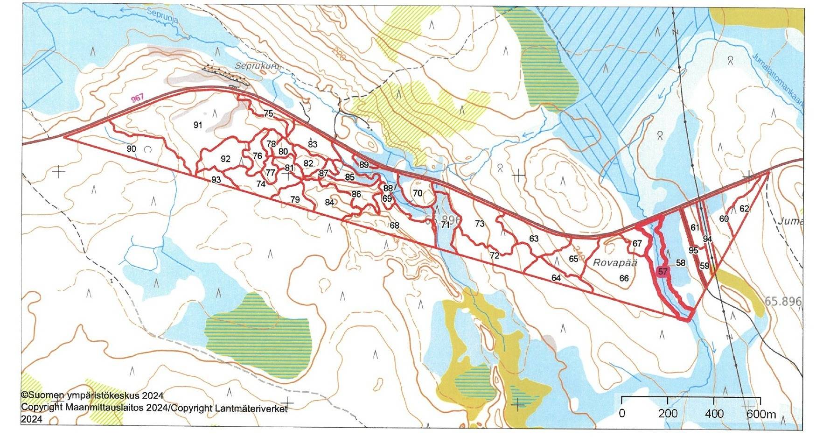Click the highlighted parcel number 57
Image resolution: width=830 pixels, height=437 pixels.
click(663, 271)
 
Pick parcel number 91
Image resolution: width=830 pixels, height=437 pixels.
click(198, 125)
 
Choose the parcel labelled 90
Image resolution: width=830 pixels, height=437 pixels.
click(132, 148)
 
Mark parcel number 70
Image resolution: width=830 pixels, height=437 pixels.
click(418, 193)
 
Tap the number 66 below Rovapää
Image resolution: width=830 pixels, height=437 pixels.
click(624, 278)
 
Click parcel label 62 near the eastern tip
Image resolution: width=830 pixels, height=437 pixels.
click(744, 209)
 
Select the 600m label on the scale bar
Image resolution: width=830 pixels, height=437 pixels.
click(760, 414)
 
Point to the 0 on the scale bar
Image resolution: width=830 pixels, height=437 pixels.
click(622, 414)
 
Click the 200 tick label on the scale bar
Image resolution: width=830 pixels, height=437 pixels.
click(668, 414)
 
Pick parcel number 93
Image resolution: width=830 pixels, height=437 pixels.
click(216, 180)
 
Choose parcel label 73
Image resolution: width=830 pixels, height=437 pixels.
click(480, 224)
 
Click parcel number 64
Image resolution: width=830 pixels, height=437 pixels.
click(556, 278)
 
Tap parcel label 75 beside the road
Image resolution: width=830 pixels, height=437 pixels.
click(268, 113)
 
